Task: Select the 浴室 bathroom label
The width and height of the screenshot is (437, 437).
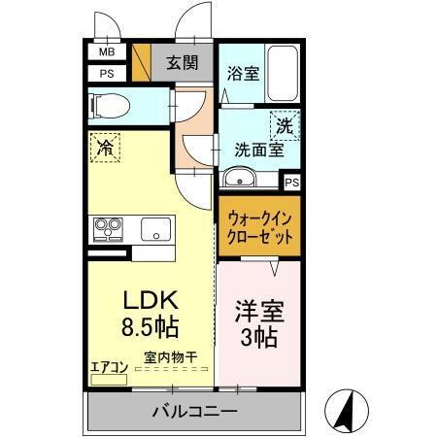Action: pos(243,73)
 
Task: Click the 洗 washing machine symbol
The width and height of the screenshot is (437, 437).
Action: pos(285,125)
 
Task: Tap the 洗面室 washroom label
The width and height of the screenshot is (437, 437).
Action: pos(257,151)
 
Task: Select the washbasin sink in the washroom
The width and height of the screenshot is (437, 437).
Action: pos(239,178)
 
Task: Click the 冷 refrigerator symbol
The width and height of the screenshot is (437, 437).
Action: pos(106,149)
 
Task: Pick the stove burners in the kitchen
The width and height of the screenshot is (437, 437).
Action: pos(107,230)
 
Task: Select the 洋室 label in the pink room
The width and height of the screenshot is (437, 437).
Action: pos(257,313)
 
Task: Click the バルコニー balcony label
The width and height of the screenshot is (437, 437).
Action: pos(194,412)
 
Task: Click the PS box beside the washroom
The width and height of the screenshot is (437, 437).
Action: pos(291,181)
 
